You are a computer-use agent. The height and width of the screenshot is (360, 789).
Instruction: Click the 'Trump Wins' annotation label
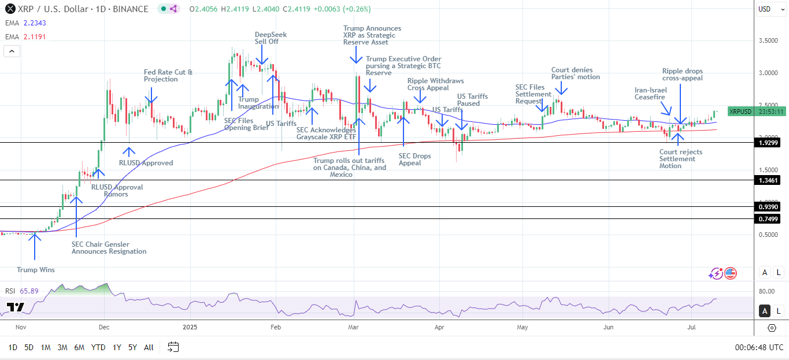point(36,270)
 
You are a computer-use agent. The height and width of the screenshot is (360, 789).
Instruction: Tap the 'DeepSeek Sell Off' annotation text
point(271,38)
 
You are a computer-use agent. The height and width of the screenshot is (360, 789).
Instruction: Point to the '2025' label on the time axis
point(190,327)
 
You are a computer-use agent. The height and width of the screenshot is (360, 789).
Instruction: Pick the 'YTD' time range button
point(98,347)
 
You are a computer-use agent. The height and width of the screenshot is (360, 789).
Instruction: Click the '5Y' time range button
point(132,347)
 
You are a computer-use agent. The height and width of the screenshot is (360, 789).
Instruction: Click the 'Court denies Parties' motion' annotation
point(575,73)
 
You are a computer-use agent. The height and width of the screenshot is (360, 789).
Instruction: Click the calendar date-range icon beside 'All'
point(173,347)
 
